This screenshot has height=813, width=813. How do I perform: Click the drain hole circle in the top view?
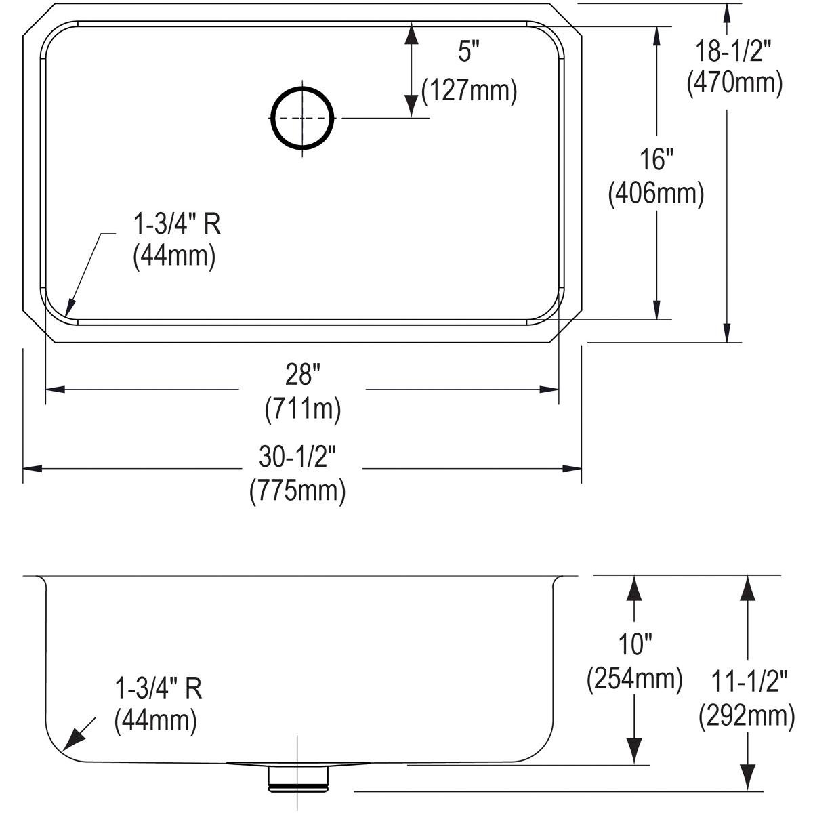coord(303,118)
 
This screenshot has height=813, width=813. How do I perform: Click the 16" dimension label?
coord(656,161)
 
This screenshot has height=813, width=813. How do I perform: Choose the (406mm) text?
coord(656,194)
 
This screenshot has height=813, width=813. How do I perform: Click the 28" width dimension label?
coord(302,373)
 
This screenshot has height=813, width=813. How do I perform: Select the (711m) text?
coord(302,409)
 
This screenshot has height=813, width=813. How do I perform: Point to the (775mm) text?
coord(297,491)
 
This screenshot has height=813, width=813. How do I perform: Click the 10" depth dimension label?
coord(634,644)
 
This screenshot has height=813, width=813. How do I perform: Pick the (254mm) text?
coord(634,678)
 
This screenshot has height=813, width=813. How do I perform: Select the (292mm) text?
coord(747,715)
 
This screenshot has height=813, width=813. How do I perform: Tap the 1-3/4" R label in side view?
coord(158,689)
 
